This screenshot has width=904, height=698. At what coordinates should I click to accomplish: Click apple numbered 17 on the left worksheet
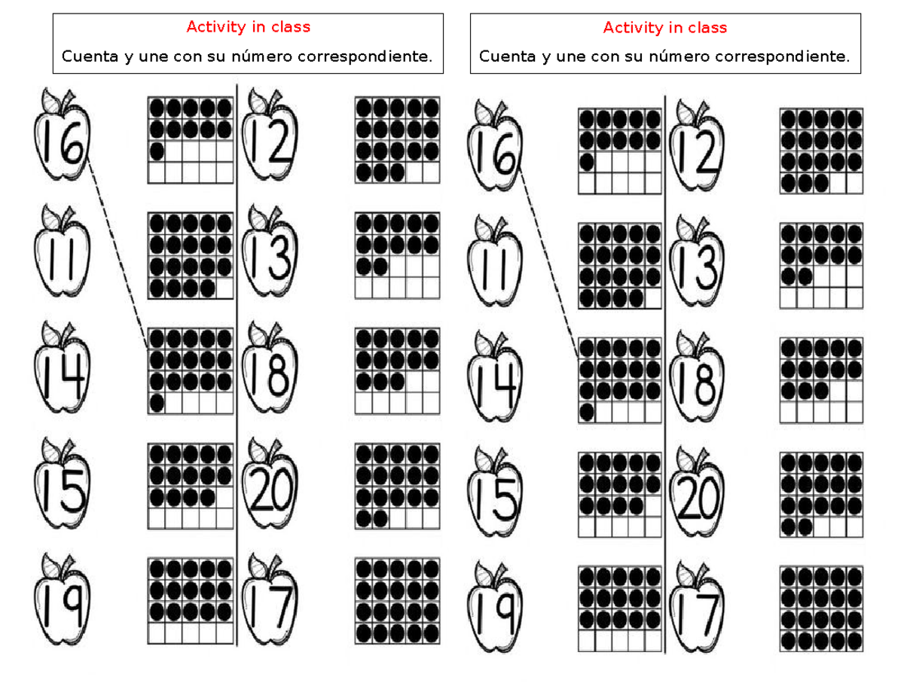[x=269, y=602]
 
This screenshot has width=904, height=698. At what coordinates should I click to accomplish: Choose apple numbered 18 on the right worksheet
[x=698, y=380]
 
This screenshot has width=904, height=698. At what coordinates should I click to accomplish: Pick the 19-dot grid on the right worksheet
[x=619, y=265]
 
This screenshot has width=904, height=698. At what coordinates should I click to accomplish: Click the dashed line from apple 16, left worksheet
[x=118, y=252]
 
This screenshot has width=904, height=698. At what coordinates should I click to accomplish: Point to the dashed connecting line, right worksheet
[x=549, y=264]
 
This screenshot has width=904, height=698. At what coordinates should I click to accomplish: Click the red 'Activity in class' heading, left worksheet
[x=248, y=28]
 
